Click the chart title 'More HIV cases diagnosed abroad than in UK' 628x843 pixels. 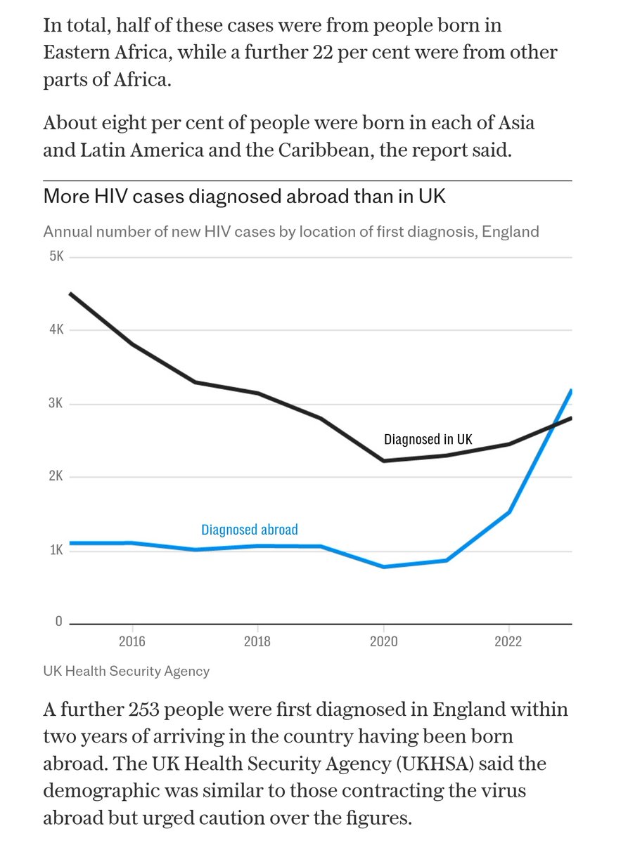coord(244,196)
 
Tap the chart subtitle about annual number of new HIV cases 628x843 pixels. coord(291,231)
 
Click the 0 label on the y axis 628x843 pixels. coord(58,622)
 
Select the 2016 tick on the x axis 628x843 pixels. coord(132,641)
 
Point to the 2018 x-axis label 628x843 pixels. coord(258,641)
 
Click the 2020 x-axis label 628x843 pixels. coord(384,641)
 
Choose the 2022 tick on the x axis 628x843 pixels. coord(509,641)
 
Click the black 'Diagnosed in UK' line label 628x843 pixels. coord(428,440)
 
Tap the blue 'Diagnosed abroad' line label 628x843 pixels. coord(250,530)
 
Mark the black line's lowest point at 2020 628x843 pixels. coord(384,461)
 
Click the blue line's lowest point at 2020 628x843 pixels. coord(384,566)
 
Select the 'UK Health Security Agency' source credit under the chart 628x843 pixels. coord(127,671)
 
